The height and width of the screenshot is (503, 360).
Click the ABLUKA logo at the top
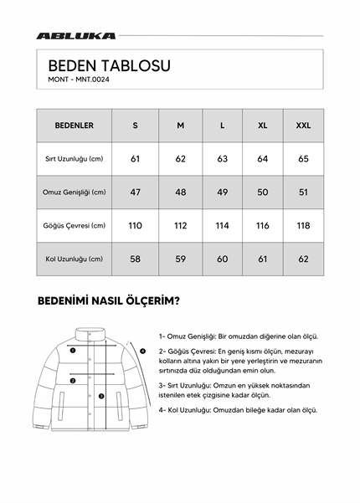[x=76, y=36]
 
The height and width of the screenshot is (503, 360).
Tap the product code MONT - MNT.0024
[x=79, y=80]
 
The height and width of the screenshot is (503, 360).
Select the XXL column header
[x=303, y=126]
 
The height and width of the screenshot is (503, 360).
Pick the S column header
[x=136, y=126]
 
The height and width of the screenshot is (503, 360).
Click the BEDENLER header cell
[x=74, y=126]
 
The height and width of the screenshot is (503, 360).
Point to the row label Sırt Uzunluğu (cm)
[x=74, y=158]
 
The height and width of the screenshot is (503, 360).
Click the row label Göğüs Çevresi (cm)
[x=74, y=225]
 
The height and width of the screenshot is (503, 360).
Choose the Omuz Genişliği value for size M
[x=180, y=192]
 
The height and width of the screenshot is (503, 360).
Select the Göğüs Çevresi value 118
[x=303, y=225]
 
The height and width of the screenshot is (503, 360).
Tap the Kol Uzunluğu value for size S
[x=136, y=259]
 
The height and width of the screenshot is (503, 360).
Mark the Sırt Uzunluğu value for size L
[x=222, y=158]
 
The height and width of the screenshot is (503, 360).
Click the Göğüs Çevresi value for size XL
[x=263, y=225]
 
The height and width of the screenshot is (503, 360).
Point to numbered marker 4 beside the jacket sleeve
[x=142, y=351]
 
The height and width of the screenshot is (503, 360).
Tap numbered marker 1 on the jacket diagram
[x=73, y=352]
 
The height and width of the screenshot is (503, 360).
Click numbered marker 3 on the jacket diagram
[x=101, y=396]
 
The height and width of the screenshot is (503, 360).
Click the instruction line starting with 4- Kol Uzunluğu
[x=238, y=410]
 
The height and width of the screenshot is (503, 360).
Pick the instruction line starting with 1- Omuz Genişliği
[x=238, y=336]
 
